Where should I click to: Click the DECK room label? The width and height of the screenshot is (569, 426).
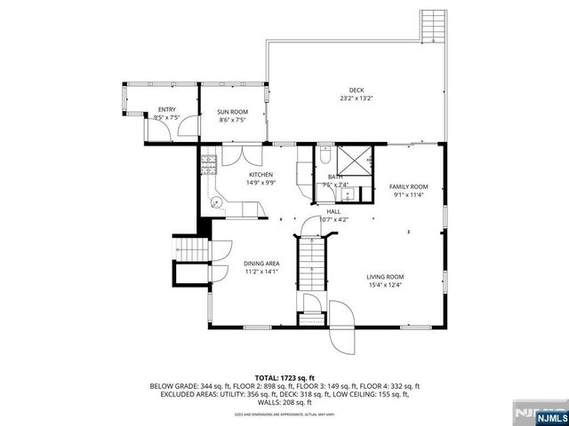pyautogui.click(x=356, y=90)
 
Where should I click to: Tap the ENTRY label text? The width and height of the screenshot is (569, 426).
pyautogui.click(x=167, y=109)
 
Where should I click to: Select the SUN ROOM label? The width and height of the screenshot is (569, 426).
pyautogui.click(x=233, y=111)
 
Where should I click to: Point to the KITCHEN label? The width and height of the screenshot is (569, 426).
pyautogui.click(x=260, y=175)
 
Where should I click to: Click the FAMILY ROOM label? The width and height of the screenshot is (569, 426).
pyautogui.click(x=408, y=186)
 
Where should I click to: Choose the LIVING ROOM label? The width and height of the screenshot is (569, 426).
pyautogui.click(x=385, y=277)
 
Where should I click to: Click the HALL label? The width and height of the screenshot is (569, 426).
pyautogui.click(x=333, y=211)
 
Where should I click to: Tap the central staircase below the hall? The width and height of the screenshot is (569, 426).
pyautogui.click(x=310, y=264)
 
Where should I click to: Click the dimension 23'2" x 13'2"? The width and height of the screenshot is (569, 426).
pyautogui.click(x=356, y=99)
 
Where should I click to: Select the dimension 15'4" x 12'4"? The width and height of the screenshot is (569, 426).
pyautogui.click(x=385, y=286)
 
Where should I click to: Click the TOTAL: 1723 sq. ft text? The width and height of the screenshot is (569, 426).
pyautogui.click(x=284, y=378)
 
